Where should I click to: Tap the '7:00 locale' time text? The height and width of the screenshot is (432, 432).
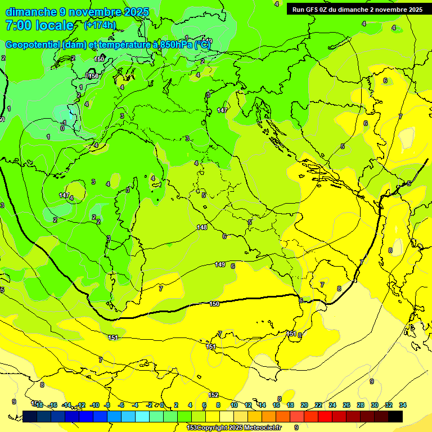[x=39, y=25]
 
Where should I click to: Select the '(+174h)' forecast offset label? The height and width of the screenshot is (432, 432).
[x=100, y=25]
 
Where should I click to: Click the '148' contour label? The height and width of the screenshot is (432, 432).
[x=202, y=227]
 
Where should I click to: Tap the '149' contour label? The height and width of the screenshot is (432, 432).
[x=220, y=264]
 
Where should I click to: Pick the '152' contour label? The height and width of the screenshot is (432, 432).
[x=213, y=395]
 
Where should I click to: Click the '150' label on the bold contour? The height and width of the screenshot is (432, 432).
[x=214, y=304]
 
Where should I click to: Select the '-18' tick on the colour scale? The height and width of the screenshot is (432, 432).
[x=38, y=405]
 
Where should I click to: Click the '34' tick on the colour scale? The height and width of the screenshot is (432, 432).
[x=403, y=405]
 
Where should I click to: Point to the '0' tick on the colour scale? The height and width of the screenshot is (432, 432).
[x=162, y=405]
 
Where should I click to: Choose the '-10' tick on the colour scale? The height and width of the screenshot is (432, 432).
[x=95, y=405]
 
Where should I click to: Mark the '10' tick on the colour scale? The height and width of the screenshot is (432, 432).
[x=233, y=405]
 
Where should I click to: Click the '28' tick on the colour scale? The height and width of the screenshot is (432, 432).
[x=361, y=405]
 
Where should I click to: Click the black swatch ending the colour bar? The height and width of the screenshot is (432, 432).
[x=395, y=416]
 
